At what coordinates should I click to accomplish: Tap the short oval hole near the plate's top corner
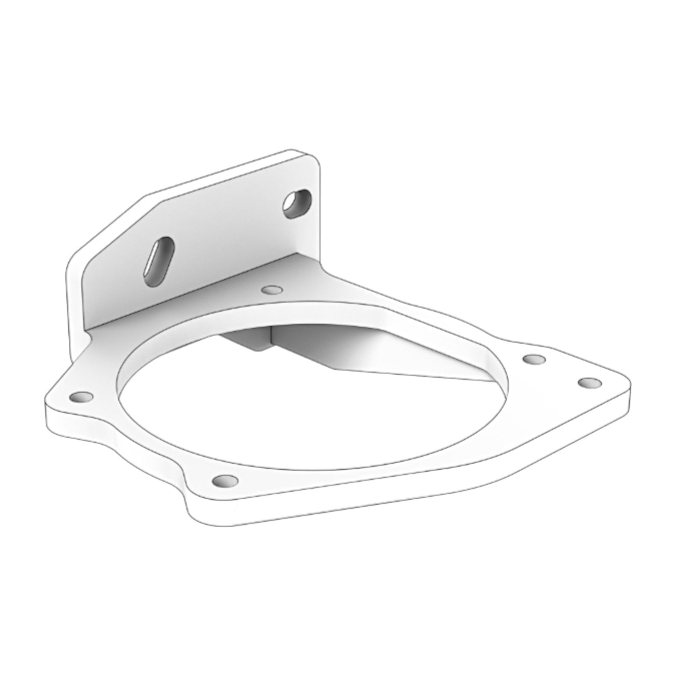pyautogui.click(x=297, y=204)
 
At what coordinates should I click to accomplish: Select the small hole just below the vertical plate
pyautogui.click(x=269, y=291)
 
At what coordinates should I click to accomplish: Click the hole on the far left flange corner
pyautogui.click(x=81, y=397)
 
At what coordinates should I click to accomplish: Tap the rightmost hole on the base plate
pyautogui.click(x=589, y=383)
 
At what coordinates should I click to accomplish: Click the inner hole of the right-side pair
pyautogui.click(x=534, y=359)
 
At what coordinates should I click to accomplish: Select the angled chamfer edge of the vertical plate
pyautogui.click(x=117, y=225)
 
